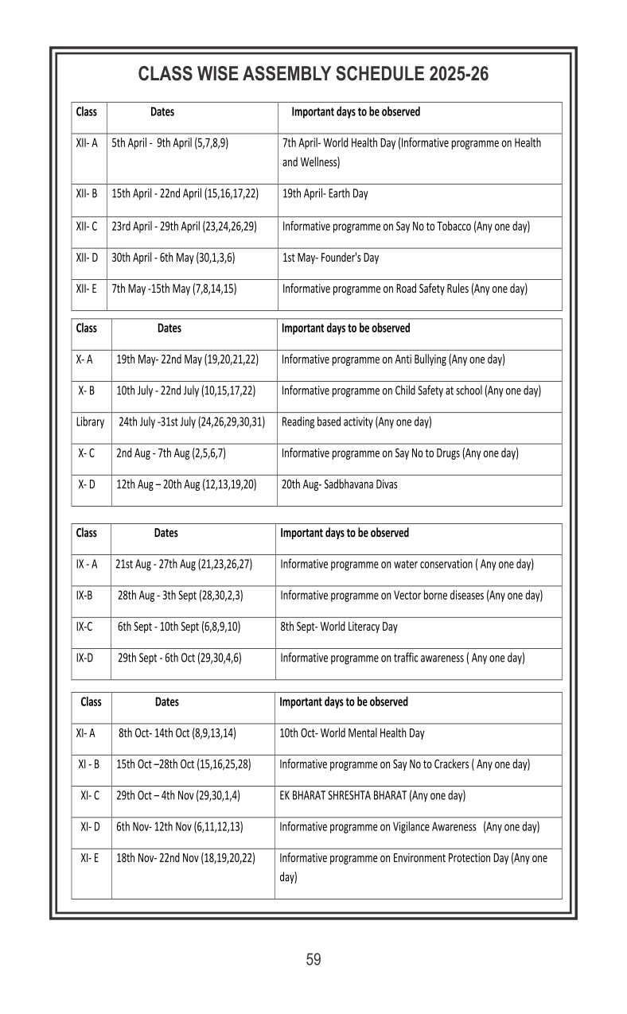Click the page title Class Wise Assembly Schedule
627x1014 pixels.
pyautogui.click(x=313, y=75)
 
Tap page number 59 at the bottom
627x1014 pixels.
pyautogui.click(x=313, y=960)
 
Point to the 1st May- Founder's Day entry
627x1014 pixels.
pyautogui.click(x=330, y=258)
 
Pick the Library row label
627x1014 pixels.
pyautogui.click(x=90, y=422)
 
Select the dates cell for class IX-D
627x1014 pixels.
pyautogui.click(x=180, y=658)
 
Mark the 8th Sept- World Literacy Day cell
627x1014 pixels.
pyautogui.click(x=339, y=627)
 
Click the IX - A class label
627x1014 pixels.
pyautogui.click(x=87, y=565)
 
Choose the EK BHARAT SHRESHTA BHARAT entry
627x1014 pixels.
pyautogui.click(x=372, y=795)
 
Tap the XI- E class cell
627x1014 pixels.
pyautogui.click(x=90, y=858)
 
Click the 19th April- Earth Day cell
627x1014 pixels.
pyautogui.click(x=325, y=193)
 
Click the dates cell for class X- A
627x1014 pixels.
pyautogui.click(x=187, y=359)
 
